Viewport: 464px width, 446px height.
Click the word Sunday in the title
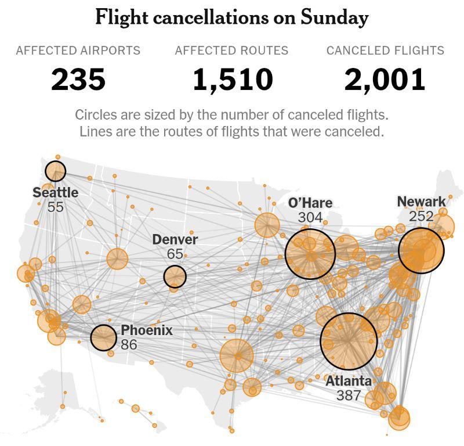tap(335, 18)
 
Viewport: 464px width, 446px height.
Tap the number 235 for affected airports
tap(78, 79)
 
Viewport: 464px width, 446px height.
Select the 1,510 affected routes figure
tap(232, 79)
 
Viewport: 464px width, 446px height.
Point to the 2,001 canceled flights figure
tap(385, 79)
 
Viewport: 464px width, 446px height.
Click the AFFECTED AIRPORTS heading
tap(78, 51)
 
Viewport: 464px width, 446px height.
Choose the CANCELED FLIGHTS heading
tap(385, 51)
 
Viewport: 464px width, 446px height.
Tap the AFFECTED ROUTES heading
tap(231, 51)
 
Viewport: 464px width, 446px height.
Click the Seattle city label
tap(55, 192)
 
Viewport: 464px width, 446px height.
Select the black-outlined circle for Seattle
tap(56, 171)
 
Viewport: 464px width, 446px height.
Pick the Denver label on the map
tap(175, 239)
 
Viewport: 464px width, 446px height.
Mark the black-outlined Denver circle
tap(175, 276)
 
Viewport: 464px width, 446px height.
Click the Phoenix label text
tap(147, 330)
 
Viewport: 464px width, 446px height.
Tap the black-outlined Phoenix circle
tap(103, 337)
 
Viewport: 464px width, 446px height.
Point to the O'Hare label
tap(310, 203)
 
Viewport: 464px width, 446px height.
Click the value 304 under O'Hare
tap(310, 217)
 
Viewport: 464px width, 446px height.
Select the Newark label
tap(421, 202)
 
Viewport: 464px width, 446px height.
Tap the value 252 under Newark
tap(421, 216)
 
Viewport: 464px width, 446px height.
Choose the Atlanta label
tap(348, 382)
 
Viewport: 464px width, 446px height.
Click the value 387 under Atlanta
tap(349, 396)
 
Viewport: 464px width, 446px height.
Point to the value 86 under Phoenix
tap(129, 344)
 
